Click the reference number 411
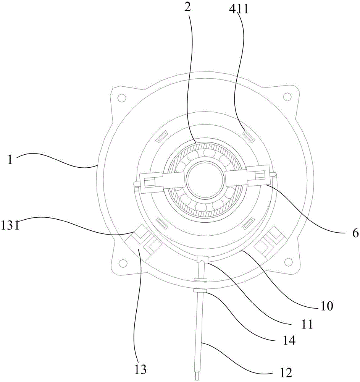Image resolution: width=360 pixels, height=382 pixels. coord(239,9)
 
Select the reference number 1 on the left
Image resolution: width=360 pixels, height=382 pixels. coord(10,160)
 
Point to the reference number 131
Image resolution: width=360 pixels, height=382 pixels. coord(10,225)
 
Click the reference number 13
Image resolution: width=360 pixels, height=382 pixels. coord(140,369)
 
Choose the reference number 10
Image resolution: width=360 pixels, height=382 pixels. coord(326,306)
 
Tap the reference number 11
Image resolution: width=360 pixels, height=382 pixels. coord(307,324)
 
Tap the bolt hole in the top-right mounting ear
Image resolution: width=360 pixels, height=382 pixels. coord(287,97)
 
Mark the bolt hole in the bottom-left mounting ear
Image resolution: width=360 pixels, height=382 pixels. coord(123,262)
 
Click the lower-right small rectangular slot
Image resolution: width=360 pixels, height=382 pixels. coord(249,223)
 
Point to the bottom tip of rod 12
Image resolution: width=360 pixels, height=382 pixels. coord(197,380)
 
